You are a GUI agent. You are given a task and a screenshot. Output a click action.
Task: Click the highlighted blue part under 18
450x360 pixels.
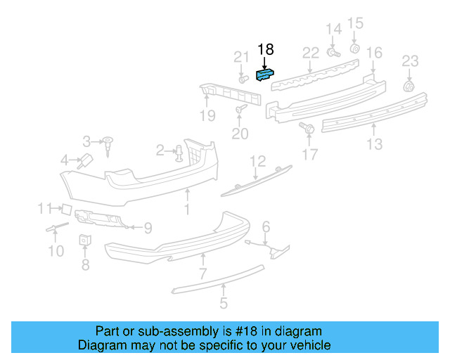pos(266,74)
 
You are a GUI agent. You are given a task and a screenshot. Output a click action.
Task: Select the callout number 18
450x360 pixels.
pos(265,49)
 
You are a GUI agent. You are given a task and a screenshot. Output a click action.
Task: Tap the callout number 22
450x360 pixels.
pos(311,53)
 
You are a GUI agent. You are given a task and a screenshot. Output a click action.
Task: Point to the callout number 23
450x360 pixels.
pos(410,61)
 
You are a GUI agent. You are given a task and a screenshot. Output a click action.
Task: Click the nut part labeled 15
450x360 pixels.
pos(355,49)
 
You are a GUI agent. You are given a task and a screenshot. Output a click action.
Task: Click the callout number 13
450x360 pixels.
pos(374,144)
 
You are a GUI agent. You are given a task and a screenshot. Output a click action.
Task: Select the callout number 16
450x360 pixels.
pos(374,53)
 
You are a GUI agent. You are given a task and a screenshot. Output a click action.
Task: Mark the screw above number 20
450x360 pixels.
pos(240,109)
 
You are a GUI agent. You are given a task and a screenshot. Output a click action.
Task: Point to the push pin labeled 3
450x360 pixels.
pos(109,143)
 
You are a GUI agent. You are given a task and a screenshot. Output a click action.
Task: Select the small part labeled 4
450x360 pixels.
pos(85,159)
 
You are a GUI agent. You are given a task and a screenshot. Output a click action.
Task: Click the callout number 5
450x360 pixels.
pos(223,304)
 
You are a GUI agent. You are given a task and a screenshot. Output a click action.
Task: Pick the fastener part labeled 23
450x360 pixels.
pos(408,86)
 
